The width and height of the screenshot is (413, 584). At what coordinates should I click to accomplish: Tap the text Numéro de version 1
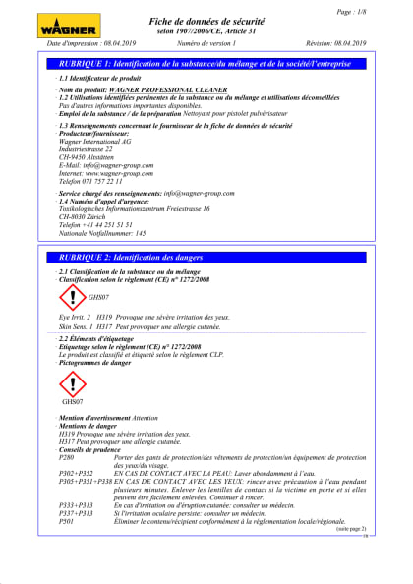pos(206,44)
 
